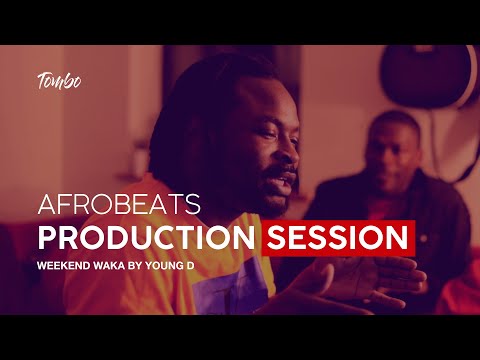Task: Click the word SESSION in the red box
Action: click(338, 238)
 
